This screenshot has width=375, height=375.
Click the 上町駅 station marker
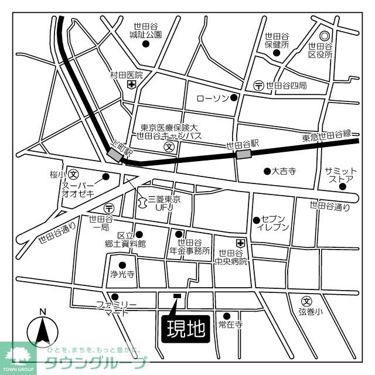click(x=114, y=154)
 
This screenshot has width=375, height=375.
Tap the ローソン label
click(x=212, y=98)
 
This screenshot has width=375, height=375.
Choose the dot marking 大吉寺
click(x=266, y=171)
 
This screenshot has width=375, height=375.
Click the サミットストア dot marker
click(x=342, y=186)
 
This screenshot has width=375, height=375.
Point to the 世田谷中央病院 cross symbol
click(x=240, y=243)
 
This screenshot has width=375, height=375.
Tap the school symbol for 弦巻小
click(x=305, y=301)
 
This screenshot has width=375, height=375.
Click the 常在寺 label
click(x=230, y=325)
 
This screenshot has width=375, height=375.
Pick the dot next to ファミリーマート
click(x=115, y=296)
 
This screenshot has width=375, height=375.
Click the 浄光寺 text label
click(x=122, y=274)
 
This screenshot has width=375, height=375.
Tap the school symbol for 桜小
click(x=74, y=175)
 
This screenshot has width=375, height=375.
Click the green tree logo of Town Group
click(x=18, y=354)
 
